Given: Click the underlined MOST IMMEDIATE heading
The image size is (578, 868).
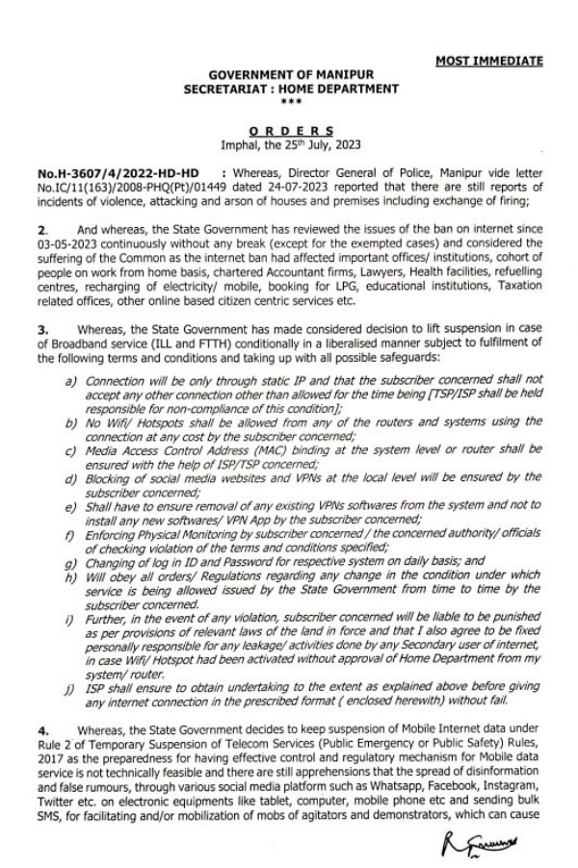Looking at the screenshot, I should click(488, 61).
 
